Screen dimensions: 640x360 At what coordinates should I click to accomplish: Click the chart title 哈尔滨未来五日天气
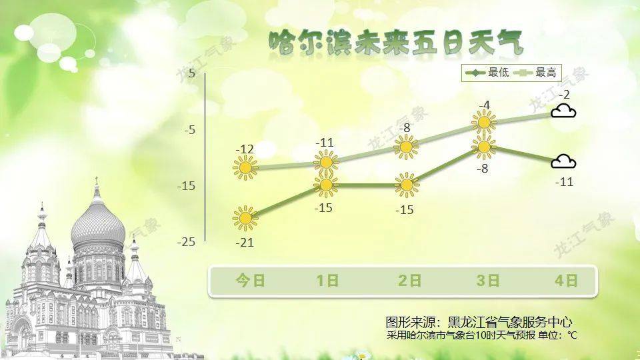point(395,42)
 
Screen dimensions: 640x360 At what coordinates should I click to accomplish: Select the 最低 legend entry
point(487,73)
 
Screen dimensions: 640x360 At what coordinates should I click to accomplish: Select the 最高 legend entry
point(535,73)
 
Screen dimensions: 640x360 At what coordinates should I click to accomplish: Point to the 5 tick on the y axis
point(192,73)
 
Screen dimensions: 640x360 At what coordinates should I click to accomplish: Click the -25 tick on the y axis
point(186,242)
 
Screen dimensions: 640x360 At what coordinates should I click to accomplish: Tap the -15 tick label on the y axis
point(186,186)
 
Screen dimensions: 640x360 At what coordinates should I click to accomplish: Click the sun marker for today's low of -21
point(245,219)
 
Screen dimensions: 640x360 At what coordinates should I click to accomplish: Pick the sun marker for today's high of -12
point(245,168)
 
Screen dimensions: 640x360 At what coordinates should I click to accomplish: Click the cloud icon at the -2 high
point(563,111)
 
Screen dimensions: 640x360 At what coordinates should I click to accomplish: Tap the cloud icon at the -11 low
point(563,161)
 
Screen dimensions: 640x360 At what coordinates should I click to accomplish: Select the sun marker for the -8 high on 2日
point(406,147)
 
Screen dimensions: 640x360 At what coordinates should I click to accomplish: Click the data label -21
point(245,243)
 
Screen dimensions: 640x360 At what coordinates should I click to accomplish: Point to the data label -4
point(484,106)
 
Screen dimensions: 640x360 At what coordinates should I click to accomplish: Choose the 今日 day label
point(250,281)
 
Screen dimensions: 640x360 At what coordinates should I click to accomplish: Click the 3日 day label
point(488,281)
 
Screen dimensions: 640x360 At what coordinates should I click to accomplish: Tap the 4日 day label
point(567,281)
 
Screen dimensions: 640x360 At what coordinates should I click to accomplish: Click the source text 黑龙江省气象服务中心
point(510,323)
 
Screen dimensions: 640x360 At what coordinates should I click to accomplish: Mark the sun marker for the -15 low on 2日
point(407,185)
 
